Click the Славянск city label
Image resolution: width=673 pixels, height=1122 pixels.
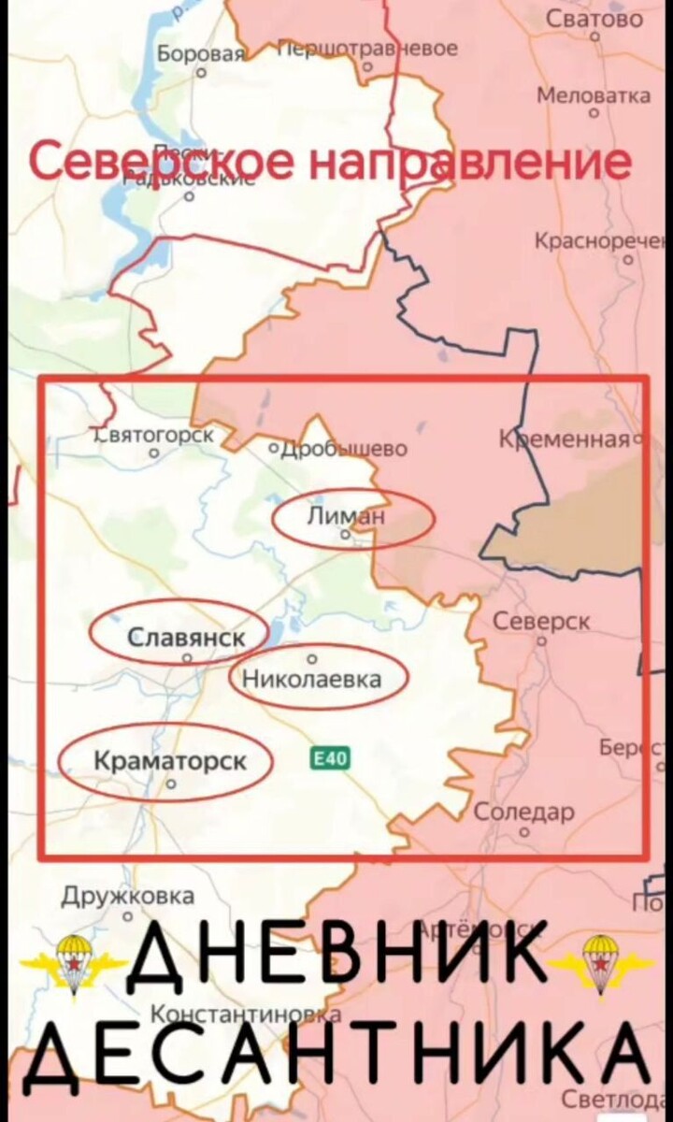click(x=186, y=639)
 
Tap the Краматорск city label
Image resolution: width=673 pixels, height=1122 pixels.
click(x=171, y=762)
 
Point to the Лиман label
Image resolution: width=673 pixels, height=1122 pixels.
click(x=346, y=516)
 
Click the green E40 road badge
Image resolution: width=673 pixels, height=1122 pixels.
click(x=329, y=758)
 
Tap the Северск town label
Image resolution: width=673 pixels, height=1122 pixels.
click(x=541, y=622)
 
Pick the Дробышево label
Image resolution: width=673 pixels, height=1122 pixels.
click(x=342, y=449)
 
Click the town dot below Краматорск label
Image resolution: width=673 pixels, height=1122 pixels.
click(x=170, y=786)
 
